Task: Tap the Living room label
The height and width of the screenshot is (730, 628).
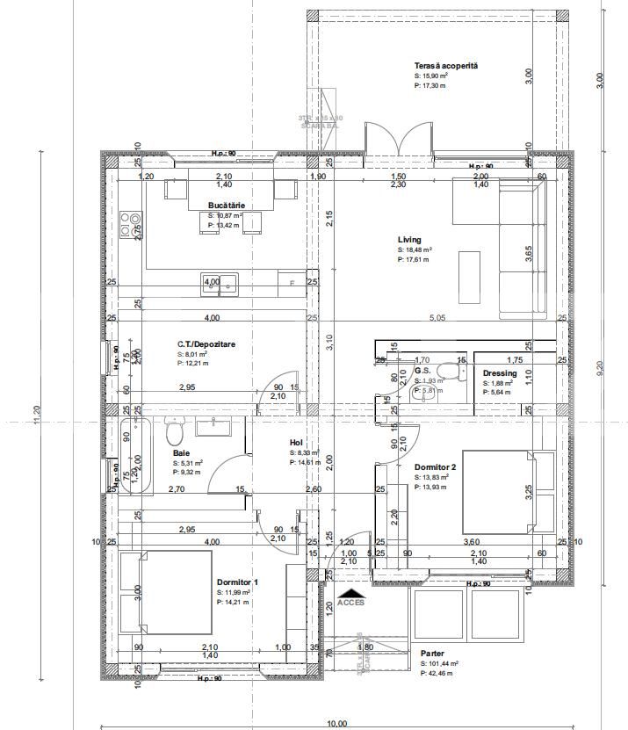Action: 409,239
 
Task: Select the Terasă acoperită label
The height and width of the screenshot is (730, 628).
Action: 445,67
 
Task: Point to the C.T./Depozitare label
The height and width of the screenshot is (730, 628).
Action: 206,344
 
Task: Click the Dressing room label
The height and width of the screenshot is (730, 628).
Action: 500,372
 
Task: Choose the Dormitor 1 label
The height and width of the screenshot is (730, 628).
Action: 237,582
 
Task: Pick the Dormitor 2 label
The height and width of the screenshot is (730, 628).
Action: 436,466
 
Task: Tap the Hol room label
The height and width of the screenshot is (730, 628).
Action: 296,443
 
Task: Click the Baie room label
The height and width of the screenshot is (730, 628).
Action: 181,452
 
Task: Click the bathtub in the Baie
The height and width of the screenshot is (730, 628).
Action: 136,458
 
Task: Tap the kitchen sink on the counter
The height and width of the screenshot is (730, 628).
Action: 220,283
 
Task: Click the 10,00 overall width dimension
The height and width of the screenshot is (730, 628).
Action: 337,723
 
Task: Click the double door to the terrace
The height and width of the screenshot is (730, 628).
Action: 400,139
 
